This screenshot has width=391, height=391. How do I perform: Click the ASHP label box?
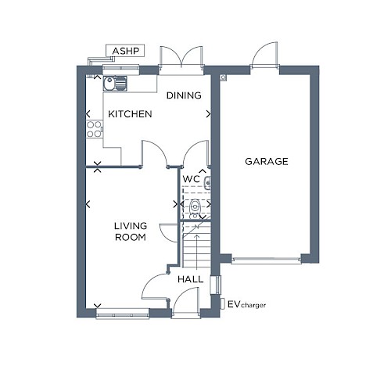click(x=125, y=51)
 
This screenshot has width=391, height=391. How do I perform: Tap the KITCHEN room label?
click(x=130, y=114)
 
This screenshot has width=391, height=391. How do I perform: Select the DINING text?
click(x=184, y=95)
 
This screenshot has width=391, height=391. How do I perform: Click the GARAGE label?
click(x=267, y=161)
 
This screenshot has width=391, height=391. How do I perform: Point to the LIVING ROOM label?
click(x=131, y=231)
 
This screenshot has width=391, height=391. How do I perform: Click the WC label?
click(x=192, y=179)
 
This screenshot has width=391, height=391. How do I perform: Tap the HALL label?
click(x=191, y=279)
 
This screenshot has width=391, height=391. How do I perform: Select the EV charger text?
click(x=246, y=304)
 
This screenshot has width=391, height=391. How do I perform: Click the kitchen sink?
click(x=115, y=84)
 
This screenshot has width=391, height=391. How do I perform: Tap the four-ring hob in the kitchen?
click(x=94, y=129)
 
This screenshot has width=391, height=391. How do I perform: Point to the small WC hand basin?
click(x=207, y=182)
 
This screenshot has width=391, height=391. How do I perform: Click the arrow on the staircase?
click(x=197, y=252)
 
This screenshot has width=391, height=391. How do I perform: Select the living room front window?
click(x=123, y=314)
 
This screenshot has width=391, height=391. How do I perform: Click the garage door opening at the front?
click(x=266, y=260)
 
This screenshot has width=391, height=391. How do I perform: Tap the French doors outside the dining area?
click(x=181, y=58)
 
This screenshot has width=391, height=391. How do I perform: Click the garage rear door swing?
click(x=264, y=54)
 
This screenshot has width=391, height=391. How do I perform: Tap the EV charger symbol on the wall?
click(x=223, y=303)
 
